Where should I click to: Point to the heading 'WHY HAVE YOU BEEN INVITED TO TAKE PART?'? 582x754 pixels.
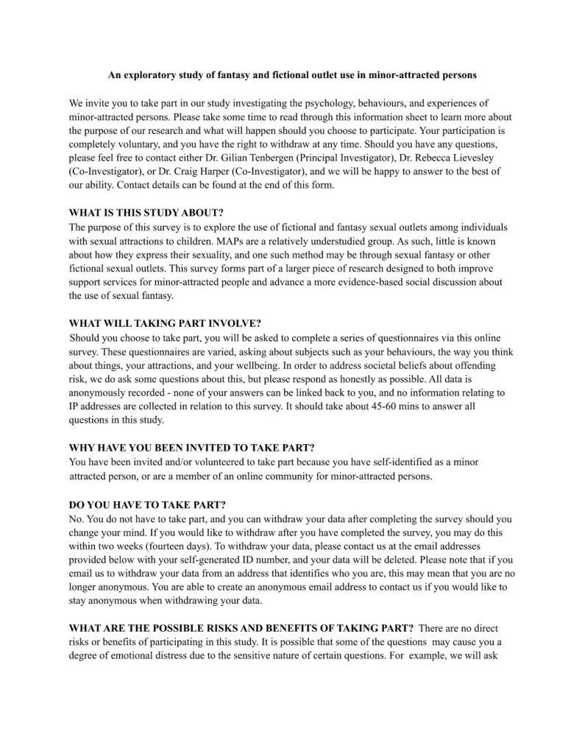click(192, 447)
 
